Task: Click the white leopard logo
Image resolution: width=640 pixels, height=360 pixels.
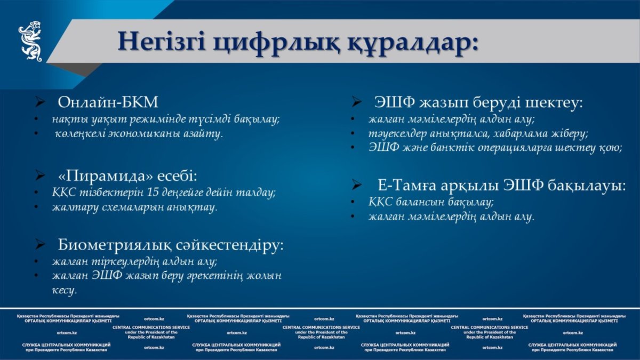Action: [30, 41]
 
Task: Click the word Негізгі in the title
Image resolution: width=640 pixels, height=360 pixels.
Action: [162, 42]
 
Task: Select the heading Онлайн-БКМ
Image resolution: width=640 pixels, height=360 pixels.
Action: [108, 102]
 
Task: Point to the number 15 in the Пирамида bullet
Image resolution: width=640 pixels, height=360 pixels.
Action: [153, 193]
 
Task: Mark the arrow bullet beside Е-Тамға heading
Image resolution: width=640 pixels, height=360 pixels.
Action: [357, 185]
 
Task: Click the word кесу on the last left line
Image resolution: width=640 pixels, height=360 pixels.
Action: [65, 290]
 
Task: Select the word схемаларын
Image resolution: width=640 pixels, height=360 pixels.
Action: [119, 207]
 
